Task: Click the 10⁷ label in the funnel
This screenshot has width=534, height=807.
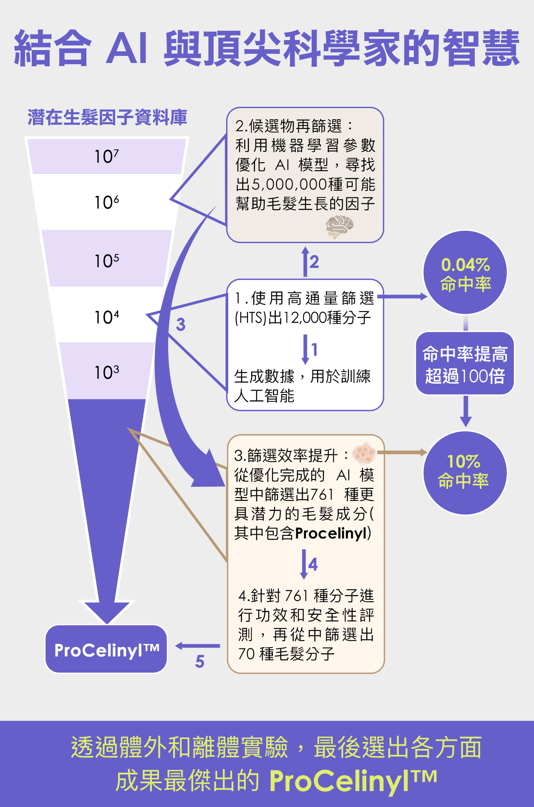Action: pyautogui.click(x=106, y=156)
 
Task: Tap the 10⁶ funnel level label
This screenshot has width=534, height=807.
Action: pyautogui.click(x=106, y=202)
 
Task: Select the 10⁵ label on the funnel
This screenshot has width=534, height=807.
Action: pyautogui.click(x=106, y=261)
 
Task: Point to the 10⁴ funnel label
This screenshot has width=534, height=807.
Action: pyautogui.click(x=106, y=317)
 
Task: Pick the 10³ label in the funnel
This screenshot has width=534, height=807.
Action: pyautogui.click(x=106, y=372)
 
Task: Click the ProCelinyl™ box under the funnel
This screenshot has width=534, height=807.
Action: pyautogui.click(x=106, y=649)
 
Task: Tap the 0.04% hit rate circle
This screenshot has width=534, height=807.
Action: pyautogui.click(x=465, y=273)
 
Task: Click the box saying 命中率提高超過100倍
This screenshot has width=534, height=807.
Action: pyautogui.click(x=465, y=364)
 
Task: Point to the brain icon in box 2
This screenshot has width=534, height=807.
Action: pyautogui.click(x=340, y=227)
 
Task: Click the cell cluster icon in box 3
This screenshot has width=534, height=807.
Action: pyautogui.click(x=364, y=453)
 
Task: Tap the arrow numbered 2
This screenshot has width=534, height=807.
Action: pyautogui.click(x=305, y=262)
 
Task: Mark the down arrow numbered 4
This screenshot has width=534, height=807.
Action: pyautogui.click(x=304, y=564)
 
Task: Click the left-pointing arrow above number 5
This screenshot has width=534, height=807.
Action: pyautogui.click(x=197, y=646)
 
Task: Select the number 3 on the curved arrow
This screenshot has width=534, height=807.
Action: pyautogui.click(x=181, y=324)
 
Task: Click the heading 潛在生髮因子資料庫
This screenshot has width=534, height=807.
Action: pyautogui.click(x=107, y=117)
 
